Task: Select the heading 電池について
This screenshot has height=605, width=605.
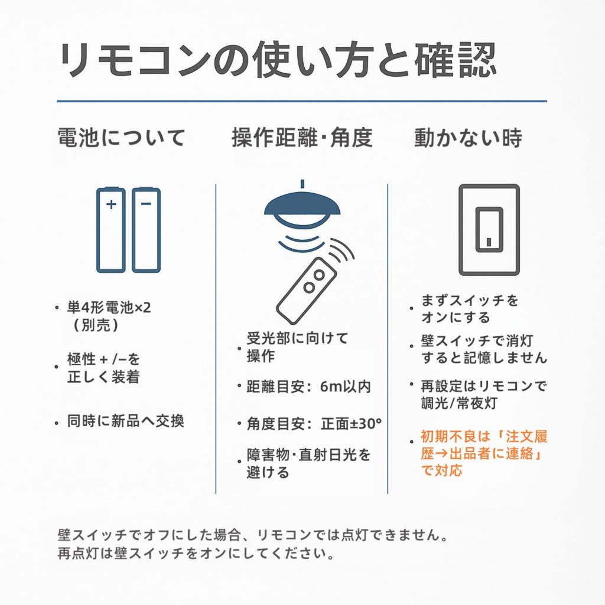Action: [122, 138]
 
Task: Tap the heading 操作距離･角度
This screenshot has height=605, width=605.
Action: [302, 138]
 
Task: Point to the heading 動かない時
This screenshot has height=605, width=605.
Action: [468, 138]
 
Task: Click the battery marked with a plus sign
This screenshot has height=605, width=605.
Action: [111, 230]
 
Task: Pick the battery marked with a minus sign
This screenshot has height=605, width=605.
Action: [146, 230]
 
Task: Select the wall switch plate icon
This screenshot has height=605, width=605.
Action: [489, 230]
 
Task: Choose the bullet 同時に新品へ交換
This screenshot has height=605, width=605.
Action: [125, 422]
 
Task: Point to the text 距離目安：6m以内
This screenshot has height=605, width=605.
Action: [308, 387]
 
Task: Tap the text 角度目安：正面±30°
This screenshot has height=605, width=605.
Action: [313, 424]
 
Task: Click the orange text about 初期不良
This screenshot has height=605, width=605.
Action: [483, 453]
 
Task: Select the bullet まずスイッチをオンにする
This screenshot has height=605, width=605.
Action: [469, 308]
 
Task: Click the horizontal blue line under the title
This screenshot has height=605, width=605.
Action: [301, 102]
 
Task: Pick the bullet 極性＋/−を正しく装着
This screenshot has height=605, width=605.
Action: [104, 367]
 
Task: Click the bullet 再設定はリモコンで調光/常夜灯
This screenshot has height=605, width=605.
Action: [483, 394]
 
